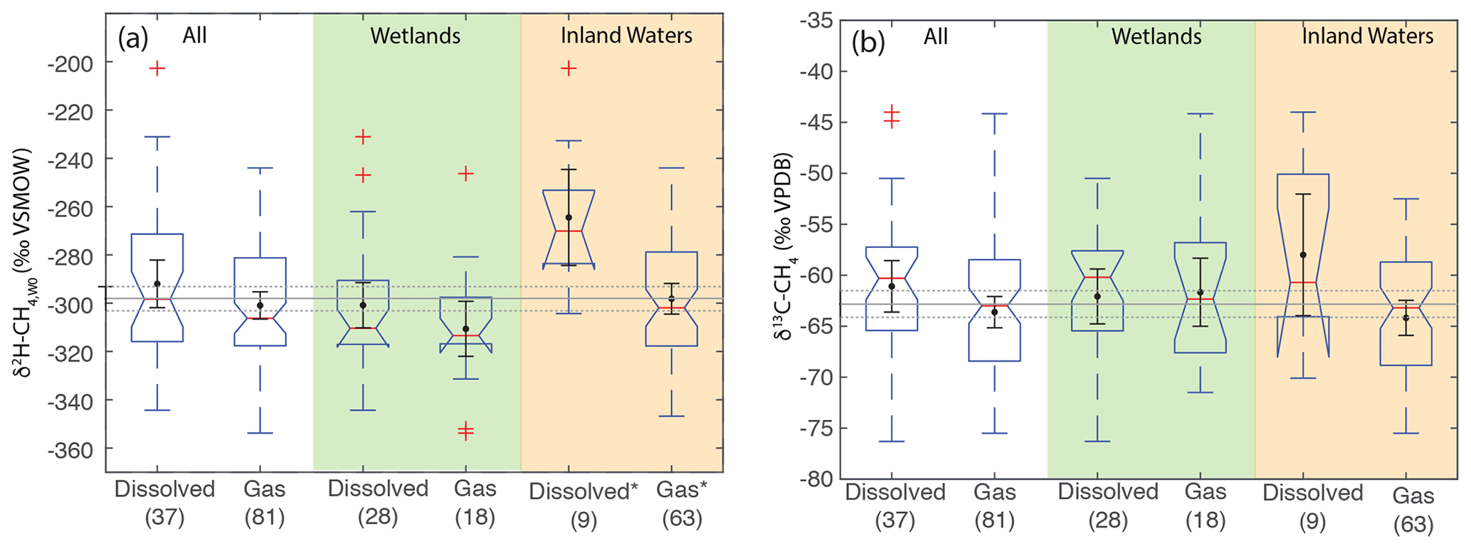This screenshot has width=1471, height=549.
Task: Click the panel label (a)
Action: point(133,38)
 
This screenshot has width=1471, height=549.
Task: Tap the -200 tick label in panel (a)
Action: point(69,63)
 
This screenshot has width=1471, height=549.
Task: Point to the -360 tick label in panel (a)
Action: point(69,449)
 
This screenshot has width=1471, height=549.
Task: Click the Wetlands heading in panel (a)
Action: point(416,36)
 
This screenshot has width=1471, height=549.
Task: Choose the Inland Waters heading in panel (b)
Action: point(1368,36)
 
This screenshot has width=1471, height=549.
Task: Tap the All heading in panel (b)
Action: point(936,36)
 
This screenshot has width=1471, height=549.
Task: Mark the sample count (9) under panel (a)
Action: point(584,521)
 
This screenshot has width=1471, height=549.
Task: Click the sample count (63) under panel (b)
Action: point(1413,524)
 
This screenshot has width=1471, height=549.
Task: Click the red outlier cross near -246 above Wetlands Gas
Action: point(465,174)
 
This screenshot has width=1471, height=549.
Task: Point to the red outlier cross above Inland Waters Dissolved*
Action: point(569,68)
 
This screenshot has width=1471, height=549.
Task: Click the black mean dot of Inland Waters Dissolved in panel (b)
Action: point(1303,255)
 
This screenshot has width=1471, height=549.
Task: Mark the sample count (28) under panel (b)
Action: point(1108,521)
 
